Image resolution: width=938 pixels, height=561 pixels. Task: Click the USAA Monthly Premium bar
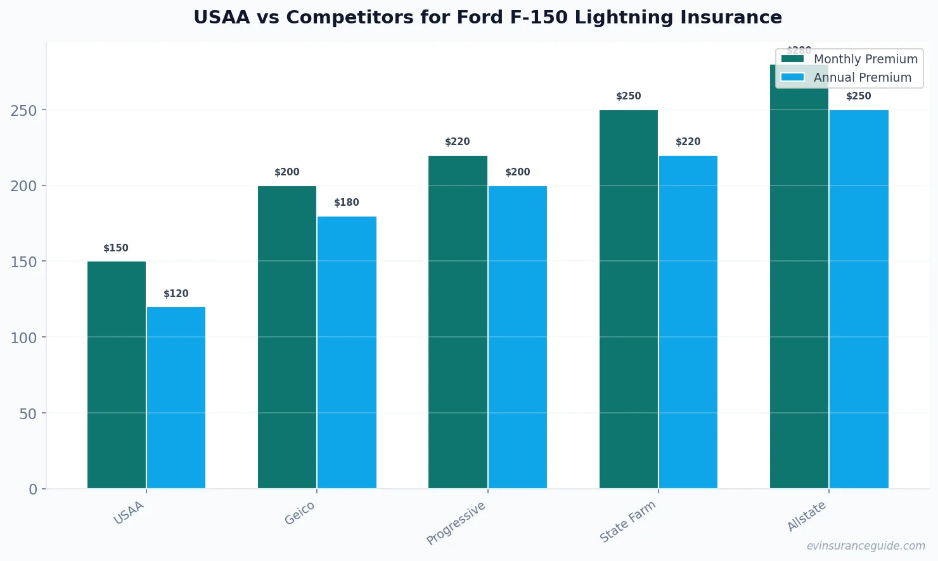point(117,375)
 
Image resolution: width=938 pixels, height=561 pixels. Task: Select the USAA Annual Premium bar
point(176,398)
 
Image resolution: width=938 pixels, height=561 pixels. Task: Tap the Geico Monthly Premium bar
point(287,337)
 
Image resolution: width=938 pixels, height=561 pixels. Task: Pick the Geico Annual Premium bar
point(347,352)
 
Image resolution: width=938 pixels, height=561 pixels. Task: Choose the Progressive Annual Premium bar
point(517,337)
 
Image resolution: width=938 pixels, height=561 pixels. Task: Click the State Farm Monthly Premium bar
point(629,299)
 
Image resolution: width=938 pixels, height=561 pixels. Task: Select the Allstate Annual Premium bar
point(859,299)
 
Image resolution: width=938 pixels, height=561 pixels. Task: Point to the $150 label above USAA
point(116,248)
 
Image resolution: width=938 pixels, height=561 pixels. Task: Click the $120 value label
point(176,294)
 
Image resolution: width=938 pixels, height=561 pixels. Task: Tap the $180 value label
point(347,203)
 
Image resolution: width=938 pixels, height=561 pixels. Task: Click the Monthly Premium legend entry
point(849,59)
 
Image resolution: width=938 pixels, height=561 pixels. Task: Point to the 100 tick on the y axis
point(24,337)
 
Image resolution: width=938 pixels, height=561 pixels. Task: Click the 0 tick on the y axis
point(33,489)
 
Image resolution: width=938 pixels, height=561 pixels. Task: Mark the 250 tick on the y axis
point(24,110)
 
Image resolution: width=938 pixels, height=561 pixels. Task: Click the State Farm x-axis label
point(628,521)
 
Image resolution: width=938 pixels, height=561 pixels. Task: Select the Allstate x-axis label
point(807,516)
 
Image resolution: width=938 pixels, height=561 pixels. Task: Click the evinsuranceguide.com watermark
point(866,546)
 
